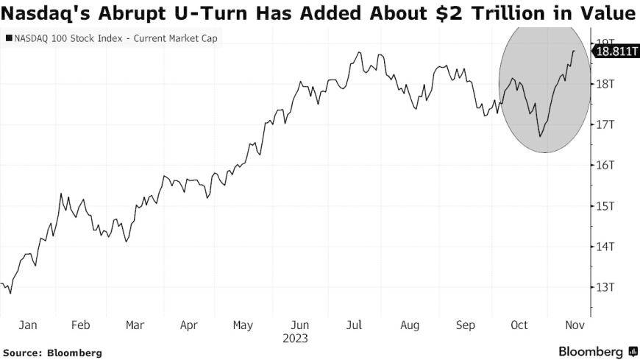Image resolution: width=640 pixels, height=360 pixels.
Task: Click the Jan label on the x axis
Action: [27, 325]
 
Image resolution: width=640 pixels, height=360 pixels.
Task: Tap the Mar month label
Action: [135, 325]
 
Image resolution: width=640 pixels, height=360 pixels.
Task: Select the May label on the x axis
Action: [243, 325]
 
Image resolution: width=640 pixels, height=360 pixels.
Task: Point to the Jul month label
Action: [355, 325]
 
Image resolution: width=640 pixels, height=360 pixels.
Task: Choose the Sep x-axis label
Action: [465, 325]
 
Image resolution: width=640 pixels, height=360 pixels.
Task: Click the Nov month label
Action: [573, 325]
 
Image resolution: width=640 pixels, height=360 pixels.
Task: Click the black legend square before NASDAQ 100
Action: [8, 37]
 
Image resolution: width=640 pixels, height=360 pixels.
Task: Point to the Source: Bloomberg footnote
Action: [51, 353]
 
